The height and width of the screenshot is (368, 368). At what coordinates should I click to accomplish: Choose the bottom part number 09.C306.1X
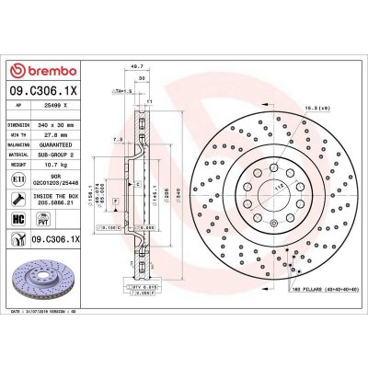(71, 238)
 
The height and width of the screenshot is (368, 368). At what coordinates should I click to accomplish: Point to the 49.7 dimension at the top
(139, 67)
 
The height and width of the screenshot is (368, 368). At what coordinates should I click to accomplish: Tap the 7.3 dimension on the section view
(113, 140)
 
